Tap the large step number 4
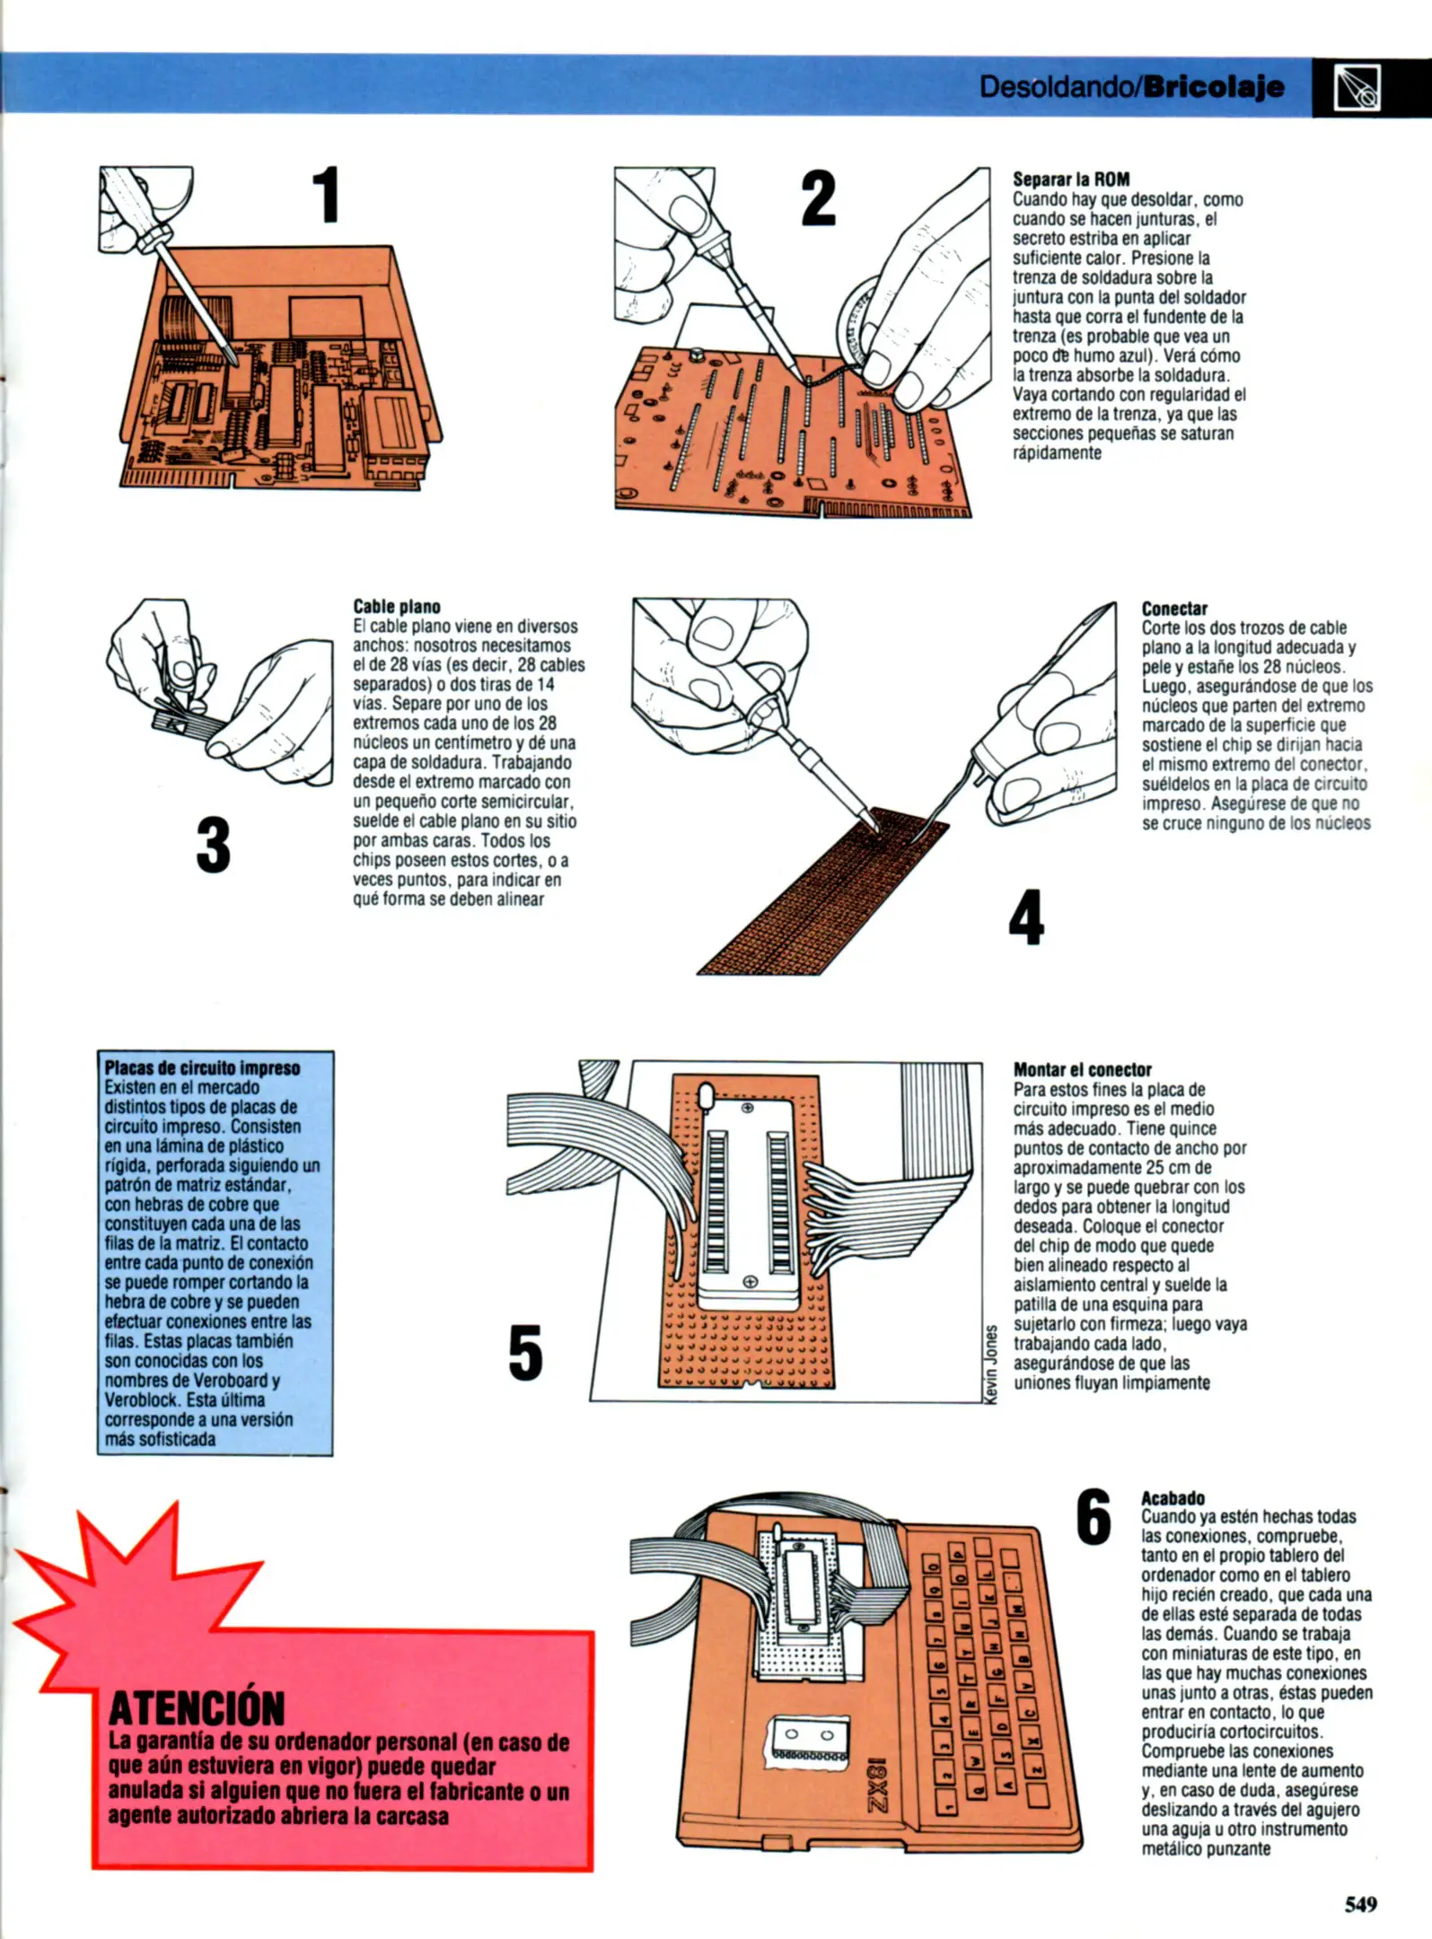tap(1026, 917)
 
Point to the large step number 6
tap(1093, 1517)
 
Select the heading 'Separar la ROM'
tap(1071, 179)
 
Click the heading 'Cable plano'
tap(396, 607)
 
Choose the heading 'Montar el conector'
tap(1082, 1069)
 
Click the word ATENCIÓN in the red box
tap(196, 1707)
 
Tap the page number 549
tap(1360, 1904)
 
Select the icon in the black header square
tap(1357, 88)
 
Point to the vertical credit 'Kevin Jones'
tap(991, 1364)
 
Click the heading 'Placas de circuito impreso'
tap(202, 1067)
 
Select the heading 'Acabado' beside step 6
tap(1173, 1497)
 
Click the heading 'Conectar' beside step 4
tap(1174, 608)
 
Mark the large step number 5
tap(525, 1353)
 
